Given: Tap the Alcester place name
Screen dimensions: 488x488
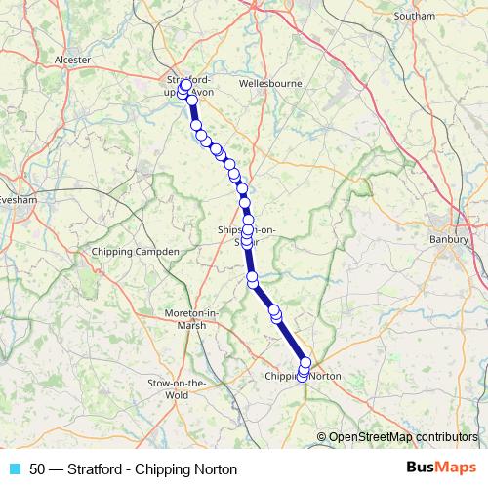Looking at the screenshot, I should [73, 60].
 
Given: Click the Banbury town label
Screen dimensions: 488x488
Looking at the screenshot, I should [450, 238].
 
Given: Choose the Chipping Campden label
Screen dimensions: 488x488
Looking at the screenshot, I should [135, 252].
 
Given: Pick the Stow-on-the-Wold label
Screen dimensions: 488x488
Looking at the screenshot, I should [177, 389].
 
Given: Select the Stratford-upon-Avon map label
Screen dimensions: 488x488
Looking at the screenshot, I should [190, 86].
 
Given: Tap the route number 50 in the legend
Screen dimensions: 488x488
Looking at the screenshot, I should [37, 469].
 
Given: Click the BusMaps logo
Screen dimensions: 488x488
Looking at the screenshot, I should [440, 468].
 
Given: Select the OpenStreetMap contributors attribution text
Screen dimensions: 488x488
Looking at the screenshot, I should [402, 437].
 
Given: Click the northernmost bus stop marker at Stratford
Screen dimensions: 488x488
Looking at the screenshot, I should [186, 85].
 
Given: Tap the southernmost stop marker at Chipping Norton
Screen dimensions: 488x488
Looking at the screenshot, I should [303, 375].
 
